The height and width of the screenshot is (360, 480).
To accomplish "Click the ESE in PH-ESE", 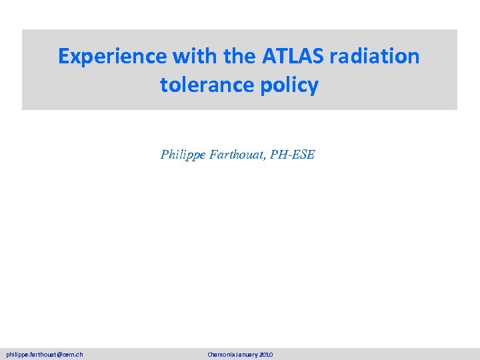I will (305, 155).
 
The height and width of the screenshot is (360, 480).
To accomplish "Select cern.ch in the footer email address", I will (71, 355).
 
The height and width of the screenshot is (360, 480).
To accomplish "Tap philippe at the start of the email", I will (17, 355).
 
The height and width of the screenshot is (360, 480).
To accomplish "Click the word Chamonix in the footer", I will (221, 355).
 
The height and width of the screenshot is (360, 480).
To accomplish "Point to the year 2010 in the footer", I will (266, 355).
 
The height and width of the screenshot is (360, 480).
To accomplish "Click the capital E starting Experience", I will (63, 57).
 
